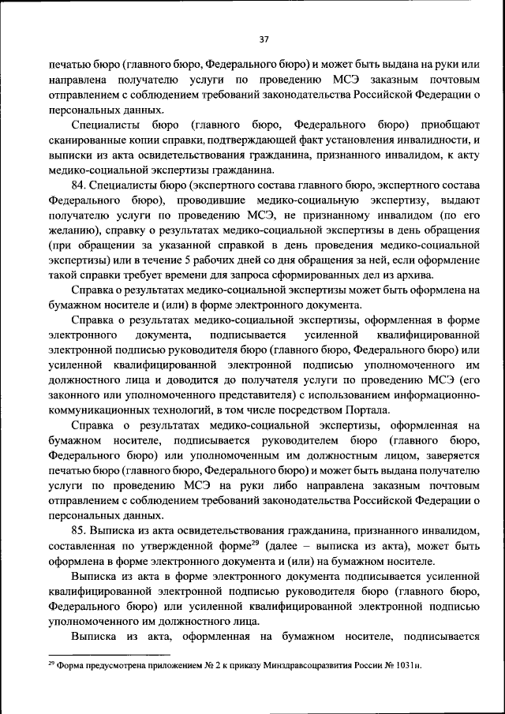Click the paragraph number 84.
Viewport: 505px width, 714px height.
(x=78, y=185)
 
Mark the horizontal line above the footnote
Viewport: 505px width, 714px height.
(x=110, y=654)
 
